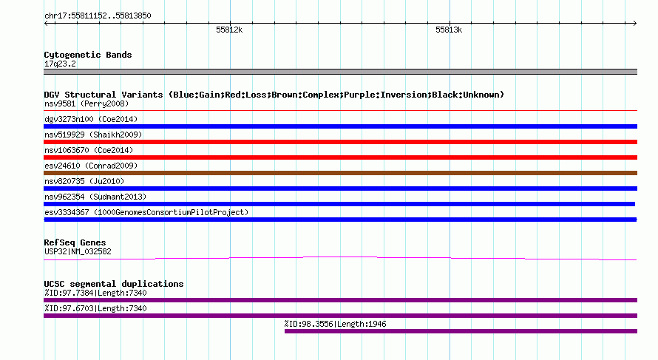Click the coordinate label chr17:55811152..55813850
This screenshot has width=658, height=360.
[x=98, y=16]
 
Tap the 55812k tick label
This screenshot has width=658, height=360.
[x=229, y=30]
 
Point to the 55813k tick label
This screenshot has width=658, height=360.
[x=449, y=30]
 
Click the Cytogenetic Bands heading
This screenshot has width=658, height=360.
[x=88, y=55]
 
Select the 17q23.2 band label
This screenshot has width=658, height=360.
[x=60, y=64]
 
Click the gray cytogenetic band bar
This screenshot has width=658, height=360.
[x=340, y=72]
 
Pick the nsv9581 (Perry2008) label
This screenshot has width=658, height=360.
[x=87, y=103]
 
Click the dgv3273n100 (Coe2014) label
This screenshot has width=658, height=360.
[x=91, y=119]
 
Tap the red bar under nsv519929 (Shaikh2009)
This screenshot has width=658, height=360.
[x=340, y=142]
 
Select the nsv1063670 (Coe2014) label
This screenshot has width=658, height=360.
[x=89, y=150]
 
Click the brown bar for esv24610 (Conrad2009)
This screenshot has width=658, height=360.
[x=340, y=173]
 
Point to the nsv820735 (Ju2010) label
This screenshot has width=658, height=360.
[x=84, y=181]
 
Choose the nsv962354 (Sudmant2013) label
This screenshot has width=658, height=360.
[x=95, y=197]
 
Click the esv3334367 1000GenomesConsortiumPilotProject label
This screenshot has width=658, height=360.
[x=146, y=212]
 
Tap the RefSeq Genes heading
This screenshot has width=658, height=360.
[x=75, y=242]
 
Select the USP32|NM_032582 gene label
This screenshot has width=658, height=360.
[x=78, y=252]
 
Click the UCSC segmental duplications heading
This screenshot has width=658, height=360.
[x=114, y=284]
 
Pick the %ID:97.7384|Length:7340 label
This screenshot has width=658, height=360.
[x=95, y=293]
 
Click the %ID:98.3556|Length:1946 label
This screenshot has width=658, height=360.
[x=335, y=324]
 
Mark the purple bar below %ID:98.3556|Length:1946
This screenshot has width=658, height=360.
[x=461, y=331]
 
